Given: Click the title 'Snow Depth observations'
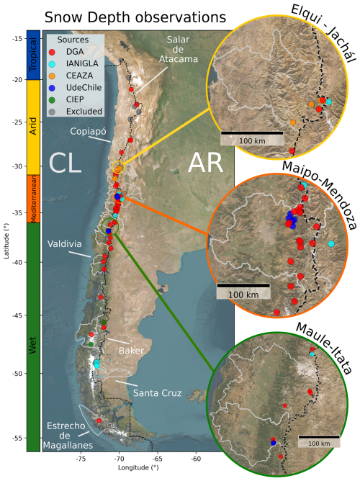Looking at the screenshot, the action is click(135, 17).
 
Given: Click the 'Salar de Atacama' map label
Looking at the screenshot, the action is click(178, 49).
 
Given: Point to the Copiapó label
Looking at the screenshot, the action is click(88, 131).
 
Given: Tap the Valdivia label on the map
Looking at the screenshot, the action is click(64, 244).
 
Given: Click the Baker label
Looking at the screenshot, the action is click(131, 351).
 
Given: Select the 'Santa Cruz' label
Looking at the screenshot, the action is click(157, 393).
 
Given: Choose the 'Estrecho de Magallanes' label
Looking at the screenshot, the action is click(68, 436).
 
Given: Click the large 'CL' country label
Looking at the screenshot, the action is click(65, 163).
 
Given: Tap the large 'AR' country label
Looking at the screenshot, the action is click(205, 163).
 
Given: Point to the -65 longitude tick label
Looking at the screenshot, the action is click(157, 459).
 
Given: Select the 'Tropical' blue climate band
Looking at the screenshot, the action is click(33, 55).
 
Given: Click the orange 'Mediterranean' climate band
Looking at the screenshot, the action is click(33, 199).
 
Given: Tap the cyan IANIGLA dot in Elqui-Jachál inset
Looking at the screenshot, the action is click(328, 102).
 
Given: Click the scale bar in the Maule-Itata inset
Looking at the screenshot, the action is click(319, 437).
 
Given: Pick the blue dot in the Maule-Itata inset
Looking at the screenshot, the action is click(274, 443).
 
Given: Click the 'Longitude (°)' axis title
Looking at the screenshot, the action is click(138, 468).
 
